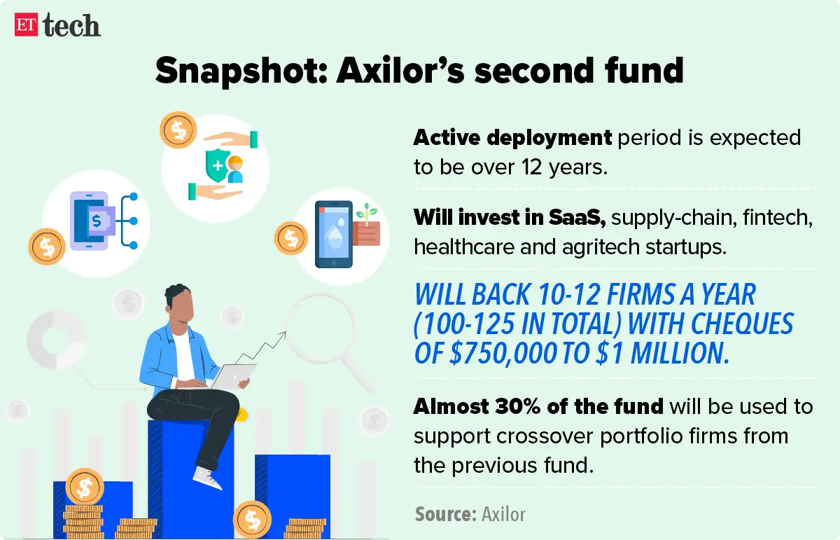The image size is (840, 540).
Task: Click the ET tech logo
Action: (57, 25)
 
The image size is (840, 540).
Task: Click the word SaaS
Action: (575, 217)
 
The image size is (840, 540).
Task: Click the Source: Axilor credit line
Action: (470, 514)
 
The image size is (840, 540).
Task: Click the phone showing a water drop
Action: (333, 235)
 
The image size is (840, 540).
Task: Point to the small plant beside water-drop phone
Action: (363, 211)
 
